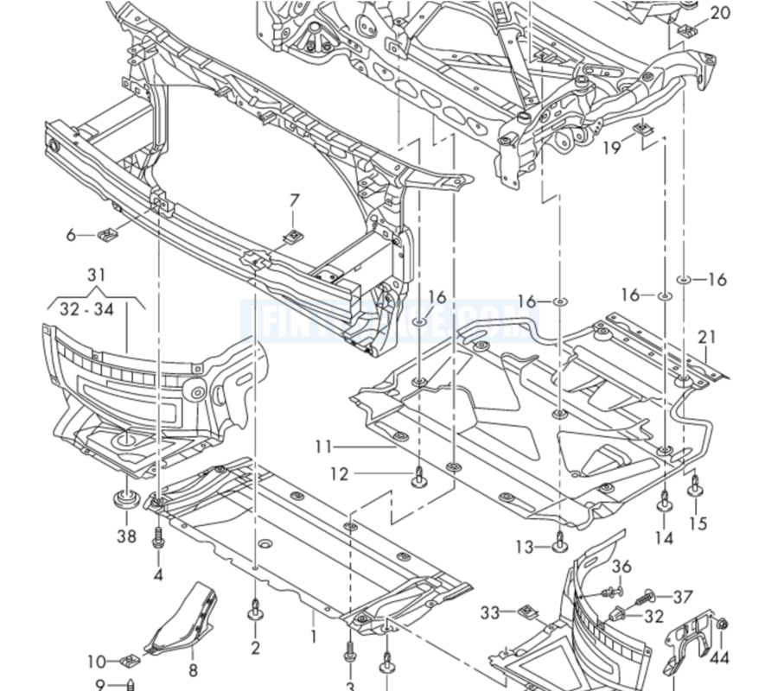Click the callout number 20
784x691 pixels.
pos(720,13)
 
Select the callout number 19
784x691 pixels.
pos(611,148)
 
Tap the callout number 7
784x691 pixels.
pos(294,200)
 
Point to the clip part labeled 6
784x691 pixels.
pos(109,233)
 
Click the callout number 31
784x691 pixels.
pos(97,275)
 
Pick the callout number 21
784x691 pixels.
pos(708,336)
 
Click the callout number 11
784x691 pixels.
pos(324,447)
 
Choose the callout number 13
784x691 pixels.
pos(525,547)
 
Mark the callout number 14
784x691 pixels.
pos(664,537)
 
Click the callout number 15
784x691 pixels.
pos(698,523)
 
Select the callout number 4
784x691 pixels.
pos(158,574)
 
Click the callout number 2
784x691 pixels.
pos(256,647)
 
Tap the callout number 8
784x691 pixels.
pos(193,669)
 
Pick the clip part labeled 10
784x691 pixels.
pos(131,662)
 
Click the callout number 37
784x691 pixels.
pos(683,597)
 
